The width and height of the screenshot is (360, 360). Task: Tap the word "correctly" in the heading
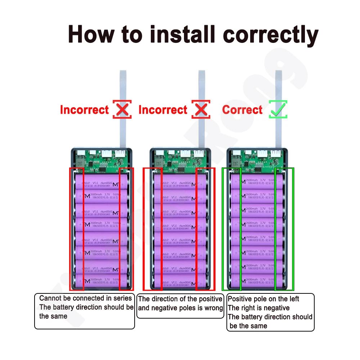(x=271, y=35)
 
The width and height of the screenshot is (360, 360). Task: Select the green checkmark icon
(x=278, y=109)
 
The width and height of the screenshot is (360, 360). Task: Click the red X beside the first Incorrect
(x=122, y=109)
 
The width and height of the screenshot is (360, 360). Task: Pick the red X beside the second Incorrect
(x=201, y=109)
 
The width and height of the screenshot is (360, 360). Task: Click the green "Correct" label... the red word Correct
(x=242, y=110)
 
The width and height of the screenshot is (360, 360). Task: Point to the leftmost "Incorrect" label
(x=84, y=110)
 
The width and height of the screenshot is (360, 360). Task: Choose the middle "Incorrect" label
(x=163, y=110)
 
